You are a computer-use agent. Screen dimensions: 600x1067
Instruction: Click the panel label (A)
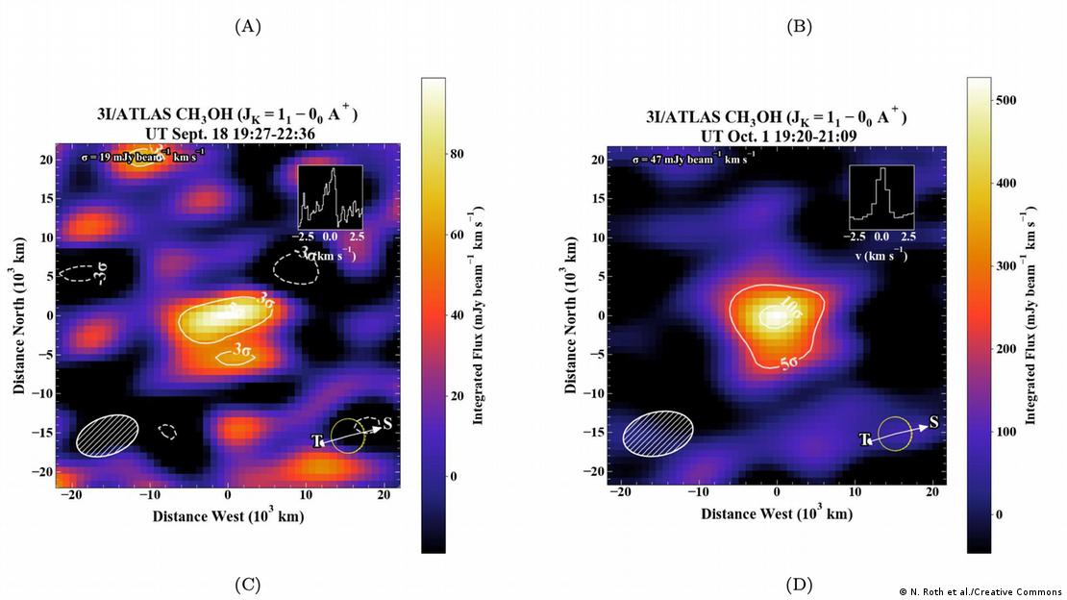pos(248,27)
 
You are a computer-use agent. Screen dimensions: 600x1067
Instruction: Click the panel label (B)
pos(799,27)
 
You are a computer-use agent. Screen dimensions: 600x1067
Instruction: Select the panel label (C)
pos(248,584)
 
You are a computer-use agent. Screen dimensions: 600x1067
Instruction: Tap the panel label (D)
pos(799,584)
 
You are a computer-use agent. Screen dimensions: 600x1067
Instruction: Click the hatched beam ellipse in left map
pos(108,435)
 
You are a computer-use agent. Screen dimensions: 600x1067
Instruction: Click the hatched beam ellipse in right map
pos(658,431)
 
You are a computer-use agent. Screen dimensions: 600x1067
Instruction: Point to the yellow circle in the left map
pos(347,436)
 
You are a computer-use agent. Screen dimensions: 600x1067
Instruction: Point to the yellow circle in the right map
pos(895,434)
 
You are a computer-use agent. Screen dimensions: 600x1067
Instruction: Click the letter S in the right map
pos(933,422)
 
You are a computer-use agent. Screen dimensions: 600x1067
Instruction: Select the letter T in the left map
pos(317,440)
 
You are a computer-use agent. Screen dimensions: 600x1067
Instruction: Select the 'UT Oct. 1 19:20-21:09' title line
pos(777,136)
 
